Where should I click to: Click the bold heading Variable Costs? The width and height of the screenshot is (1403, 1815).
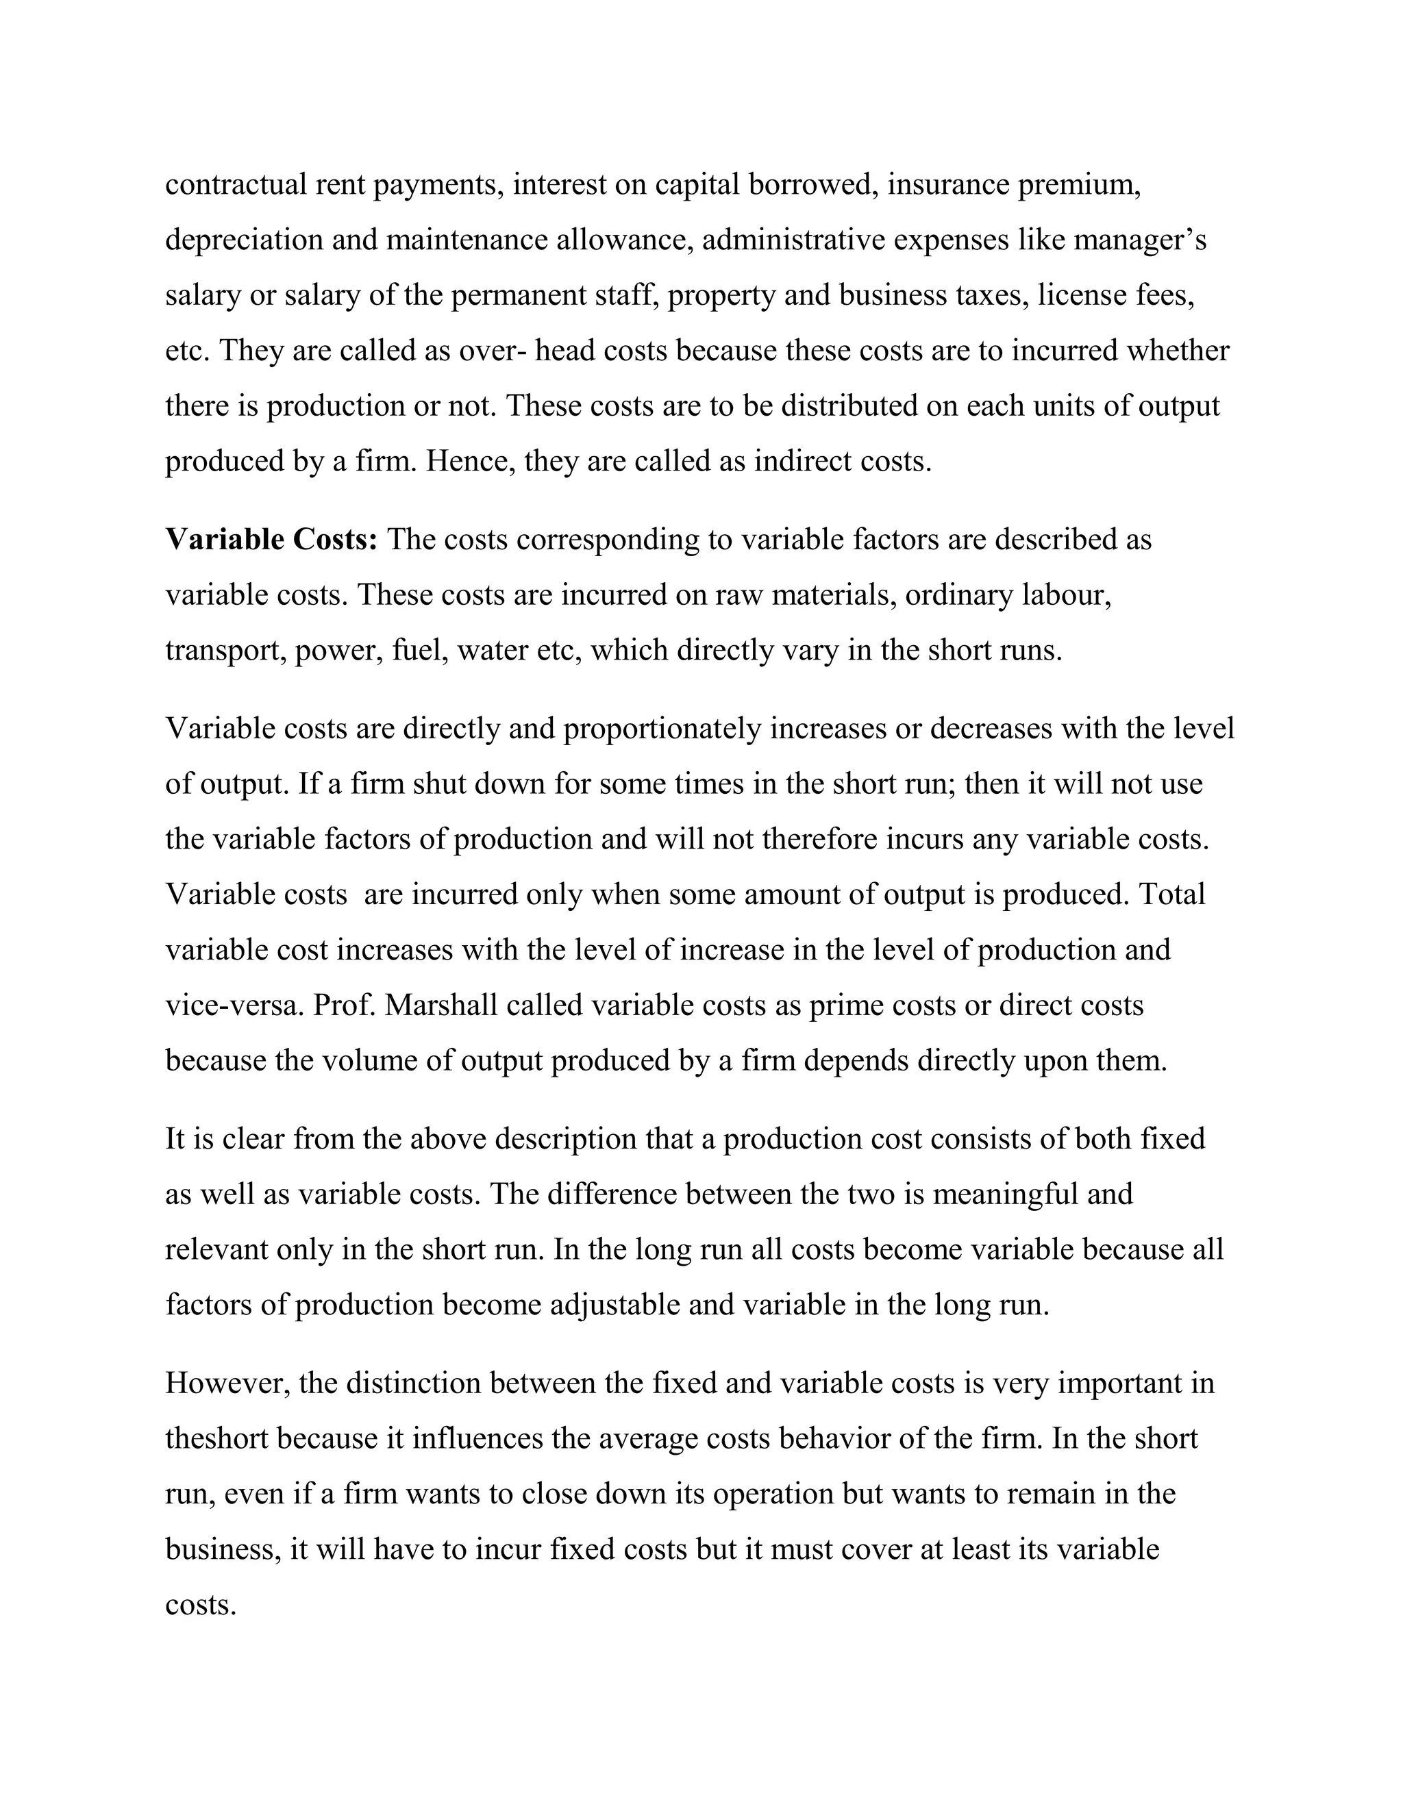tap(272, 540)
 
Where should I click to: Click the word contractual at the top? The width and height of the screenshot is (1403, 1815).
tap(236, 184)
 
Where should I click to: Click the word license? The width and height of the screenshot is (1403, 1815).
tap(1081, 295)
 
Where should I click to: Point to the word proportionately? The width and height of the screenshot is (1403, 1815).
tap(662, 729)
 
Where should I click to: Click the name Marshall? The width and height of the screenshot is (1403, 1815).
tap(441, 1005)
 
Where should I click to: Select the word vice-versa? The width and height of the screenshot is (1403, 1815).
tap(234, 1005)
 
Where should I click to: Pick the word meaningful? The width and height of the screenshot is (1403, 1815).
tap(1004, 1194)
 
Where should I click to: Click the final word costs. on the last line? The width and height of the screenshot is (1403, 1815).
tap(201, 1605)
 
